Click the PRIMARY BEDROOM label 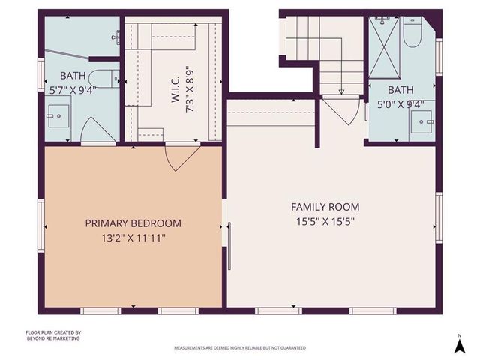[x=133, y=223]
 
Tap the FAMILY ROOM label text [x=325, y=207]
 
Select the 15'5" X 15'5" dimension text [x=325, y=221]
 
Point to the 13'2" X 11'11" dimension [x=133, y=238]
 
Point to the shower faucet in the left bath [x=115, y=35]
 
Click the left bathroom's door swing [x=97, y=130]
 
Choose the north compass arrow [x=459, y=345]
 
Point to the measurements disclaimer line [x=240, y=348]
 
